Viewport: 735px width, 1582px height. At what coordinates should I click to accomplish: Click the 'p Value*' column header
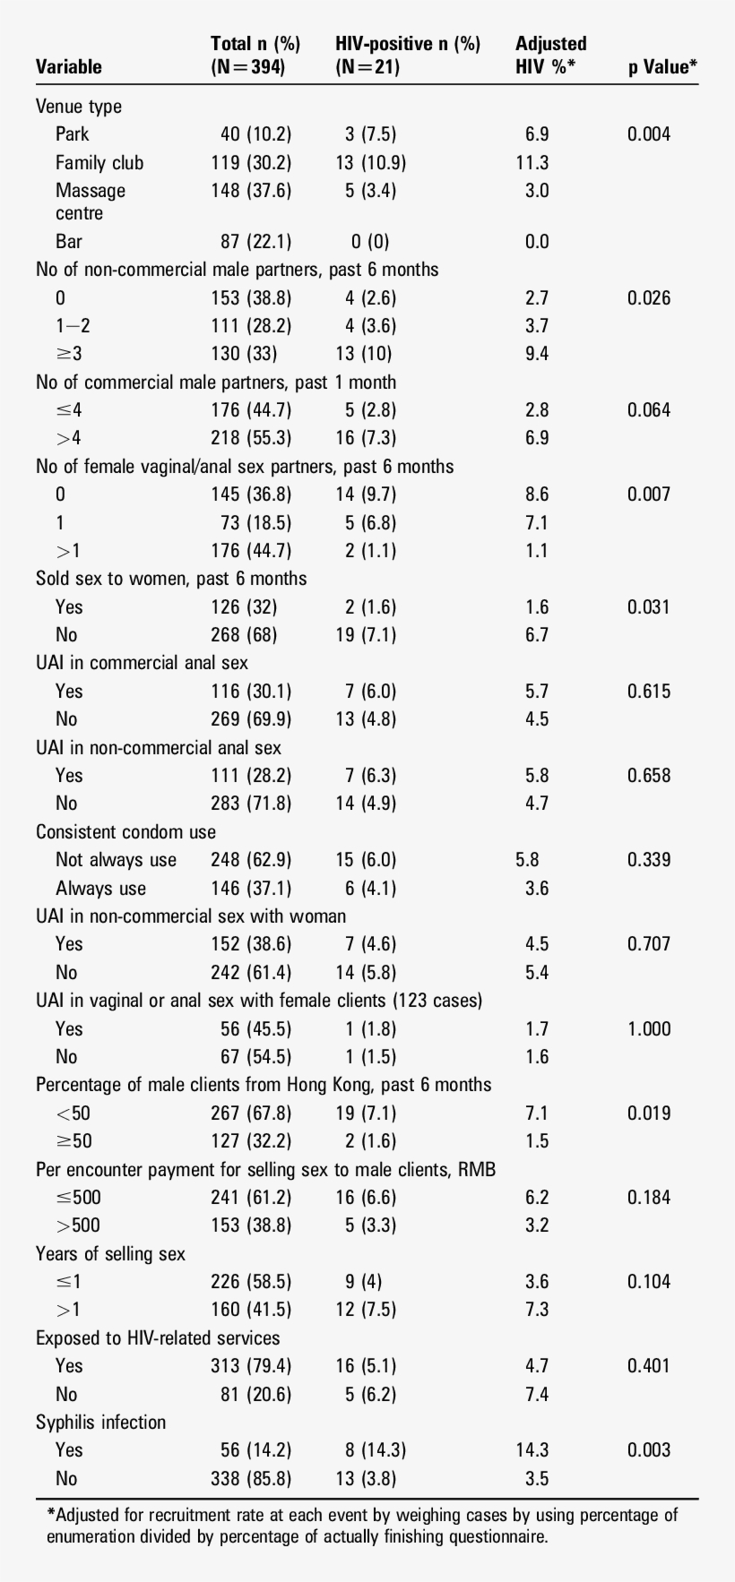[662, 67]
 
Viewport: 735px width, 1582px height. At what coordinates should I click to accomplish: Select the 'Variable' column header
[69, 67]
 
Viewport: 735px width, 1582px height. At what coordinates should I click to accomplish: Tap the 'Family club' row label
[99, 163]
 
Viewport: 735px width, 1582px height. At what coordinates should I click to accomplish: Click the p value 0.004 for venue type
[649, 134]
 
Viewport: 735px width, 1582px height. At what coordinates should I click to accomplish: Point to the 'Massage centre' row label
[90, 202]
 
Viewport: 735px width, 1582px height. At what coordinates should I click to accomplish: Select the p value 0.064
[649, 410]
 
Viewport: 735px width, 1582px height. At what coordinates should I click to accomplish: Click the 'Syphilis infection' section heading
[100, 1423]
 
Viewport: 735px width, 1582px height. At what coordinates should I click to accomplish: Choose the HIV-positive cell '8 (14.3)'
[371, 1450]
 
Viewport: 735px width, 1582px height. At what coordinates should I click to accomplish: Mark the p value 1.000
[649, 1029]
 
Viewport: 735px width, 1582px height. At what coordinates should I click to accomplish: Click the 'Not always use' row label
[116, 860]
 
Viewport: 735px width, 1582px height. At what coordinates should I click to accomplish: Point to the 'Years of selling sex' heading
[110, 1254]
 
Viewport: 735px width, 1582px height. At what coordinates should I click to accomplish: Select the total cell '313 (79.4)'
[251, 1366]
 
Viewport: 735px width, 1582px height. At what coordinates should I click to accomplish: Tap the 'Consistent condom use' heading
[125, 832]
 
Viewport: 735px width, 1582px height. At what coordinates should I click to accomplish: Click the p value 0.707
[649, 944]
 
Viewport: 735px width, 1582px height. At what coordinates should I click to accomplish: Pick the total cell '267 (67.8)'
[251, 1113]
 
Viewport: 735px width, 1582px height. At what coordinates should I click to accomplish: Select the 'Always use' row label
[100, 889]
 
